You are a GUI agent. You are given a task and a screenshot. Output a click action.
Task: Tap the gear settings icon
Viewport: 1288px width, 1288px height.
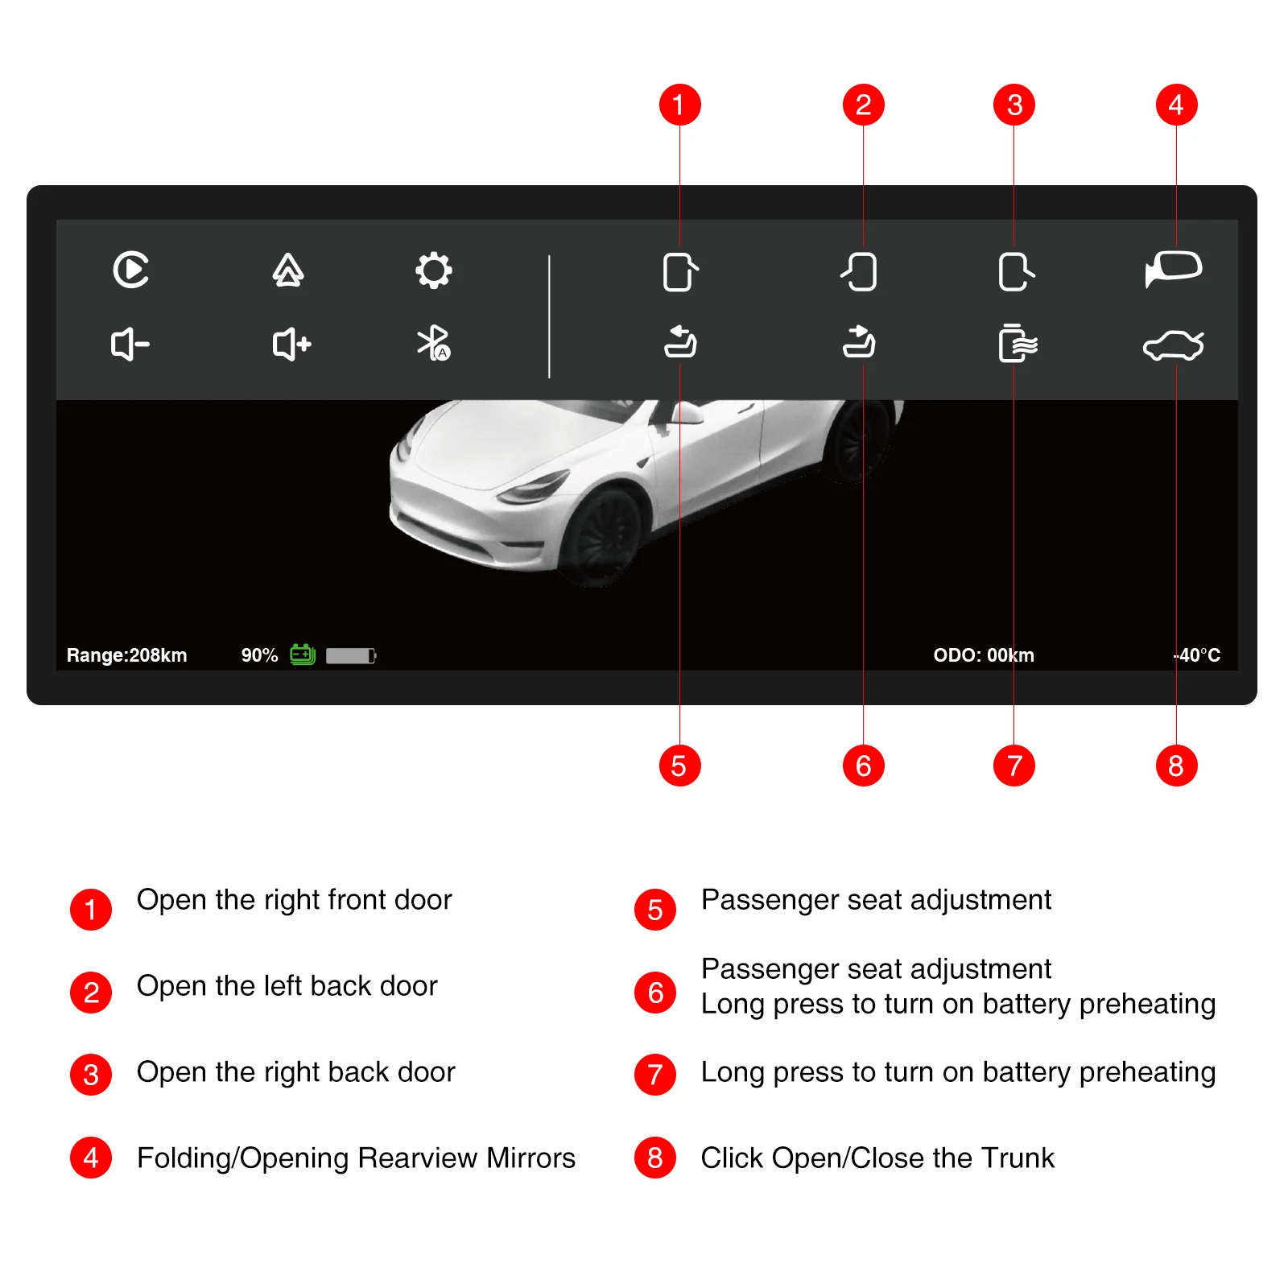(x=433, y=270)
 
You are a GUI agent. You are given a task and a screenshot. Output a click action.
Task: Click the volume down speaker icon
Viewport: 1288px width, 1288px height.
(x=130, y=345)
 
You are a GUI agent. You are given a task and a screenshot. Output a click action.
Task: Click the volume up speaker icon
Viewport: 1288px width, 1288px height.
(x=291, y=345)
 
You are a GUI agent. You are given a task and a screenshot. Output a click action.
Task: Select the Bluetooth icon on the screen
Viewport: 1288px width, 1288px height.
(x=433, y=344)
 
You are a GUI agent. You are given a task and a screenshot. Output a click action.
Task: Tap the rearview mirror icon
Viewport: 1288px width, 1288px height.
(x=1174, y=268)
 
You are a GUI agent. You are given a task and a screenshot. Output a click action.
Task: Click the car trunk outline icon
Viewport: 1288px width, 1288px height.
(x=1174, y=345)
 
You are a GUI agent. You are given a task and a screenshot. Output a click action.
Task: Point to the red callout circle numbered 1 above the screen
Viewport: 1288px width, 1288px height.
(x=679, y=105)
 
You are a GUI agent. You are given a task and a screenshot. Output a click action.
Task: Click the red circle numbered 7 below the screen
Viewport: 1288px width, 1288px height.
(x=1013, y=766)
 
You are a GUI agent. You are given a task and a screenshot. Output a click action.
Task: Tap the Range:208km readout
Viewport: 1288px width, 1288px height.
(x=126, y=655)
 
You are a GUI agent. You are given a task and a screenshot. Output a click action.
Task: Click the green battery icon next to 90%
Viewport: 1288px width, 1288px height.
(x=303, y=654)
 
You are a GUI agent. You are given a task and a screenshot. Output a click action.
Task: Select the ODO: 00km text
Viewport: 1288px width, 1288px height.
(x=983, y=655)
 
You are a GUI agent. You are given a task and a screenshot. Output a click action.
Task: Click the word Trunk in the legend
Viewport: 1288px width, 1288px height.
(x=1018, y=1158)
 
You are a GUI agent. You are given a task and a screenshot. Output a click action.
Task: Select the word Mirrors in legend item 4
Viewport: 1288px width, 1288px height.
(x=530, y=1158)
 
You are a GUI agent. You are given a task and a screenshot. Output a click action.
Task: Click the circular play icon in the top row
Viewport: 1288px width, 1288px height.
(x=131, y=270)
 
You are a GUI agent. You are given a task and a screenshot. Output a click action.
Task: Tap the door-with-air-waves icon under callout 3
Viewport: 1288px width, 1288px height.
(x=1017, y=344)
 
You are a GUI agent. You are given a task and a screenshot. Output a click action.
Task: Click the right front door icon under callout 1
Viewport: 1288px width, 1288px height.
(x=679, y=272)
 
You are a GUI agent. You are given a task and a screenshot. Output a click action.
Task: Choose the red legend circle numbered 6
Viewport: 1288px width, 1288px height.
(x=655, y=992)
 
